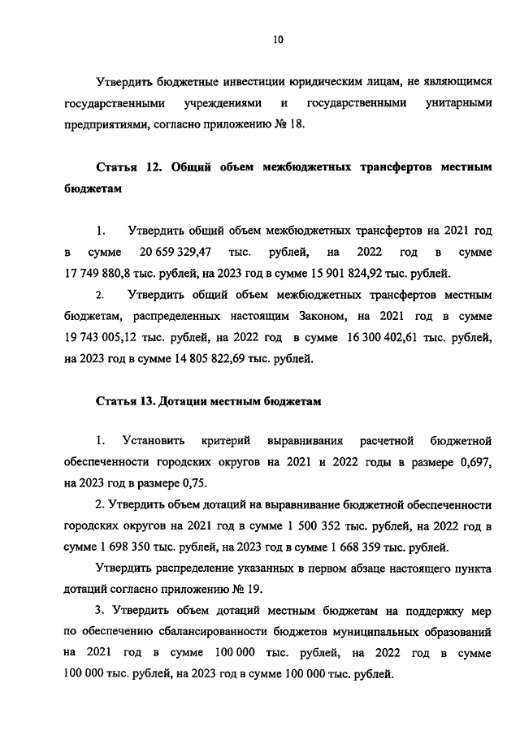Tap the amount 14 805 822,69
(x=210, y=357)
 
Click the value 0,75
(x=196, y=483)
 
